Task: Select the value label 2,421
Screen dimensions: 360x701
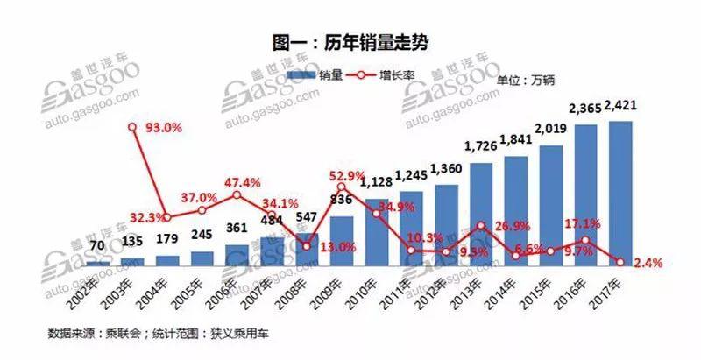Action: point(619,109)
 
